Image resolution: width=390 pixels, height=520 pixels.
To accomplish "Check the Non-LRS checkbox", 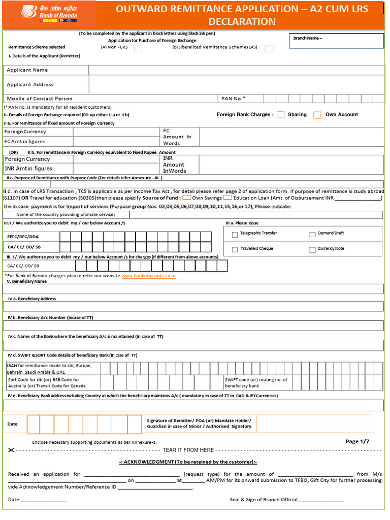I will (x=138, y=49).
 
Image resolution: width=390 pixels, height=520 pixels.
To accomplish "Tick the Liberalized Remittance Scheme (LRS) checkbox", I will (x=269, y=49).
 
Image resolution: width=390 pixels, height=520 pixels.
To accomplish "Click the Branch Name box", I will (x=336, y=41).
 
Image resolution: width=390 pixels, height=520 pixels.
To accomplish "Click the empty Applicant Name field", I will (x=236, y=70).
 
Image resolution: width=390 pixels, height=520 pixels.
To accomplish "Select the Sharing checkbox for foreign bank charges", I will (x=280, y=115).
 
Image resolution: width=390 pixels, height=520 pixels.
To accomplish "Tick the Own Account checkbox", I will (x=317, y=115).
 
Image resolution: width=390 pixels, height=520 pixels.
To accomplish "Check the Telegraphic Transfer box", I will (x=235, y=235).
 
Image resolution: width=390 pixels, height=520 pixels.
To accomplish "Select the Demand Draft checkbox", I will (x=312, y=235).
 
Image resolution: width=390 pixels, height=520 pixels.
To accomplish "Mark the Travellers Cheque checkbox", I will (x=235, y=250).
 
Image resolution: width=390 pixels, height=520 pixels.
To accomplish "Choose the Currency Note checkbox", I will (x=312, y=250).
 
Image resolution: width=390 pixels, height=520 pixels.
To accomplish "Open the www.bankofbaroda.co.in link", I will (x=149, y=276).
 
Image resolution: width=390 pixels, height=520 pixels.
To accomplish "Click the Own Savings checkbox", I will (x=186, y=198).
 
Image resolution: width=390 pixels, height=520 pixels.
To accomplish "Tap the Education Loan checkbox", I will (x=227, y=198).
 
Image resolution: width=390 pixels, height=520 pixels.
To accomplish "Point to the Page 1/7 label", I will (x=357, y=442).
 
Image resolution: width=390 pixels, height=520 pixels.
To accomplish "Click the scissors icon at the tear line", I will (x=12, y=450).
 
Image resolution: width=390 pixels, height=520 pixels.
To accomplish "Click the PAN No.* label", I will (x=233, y=99).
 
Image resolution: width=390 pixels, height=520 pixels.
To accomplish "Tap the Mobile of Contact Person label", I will (x=40, y=99).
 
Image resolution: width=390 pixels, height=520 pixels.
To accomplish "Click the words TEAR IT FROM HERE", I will (x=188, y=450).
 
